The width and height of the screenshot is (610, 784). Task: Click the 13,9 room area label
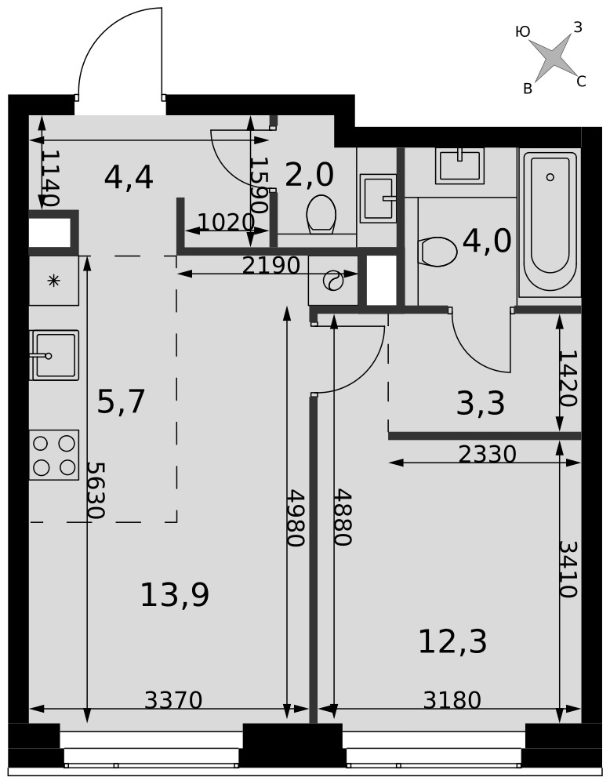pyautogui.click(x=175, y=595)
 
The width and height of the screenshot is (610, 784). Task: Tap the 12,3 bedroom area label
pyautogui.click(x=452, y=641)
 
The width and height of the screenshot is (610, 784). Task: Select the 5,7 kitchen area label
pyautogui.click(x=121, y=401)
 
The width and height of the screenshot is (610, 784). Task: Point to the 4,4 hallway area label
pyautogui.click(x=129, y=177)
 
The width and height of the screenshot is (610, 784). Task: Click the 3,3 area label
pyautogui.click(x=481, y=404)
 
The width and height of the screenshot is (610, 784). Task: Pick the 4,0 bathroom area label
pyautogui.click(x=487, y=241)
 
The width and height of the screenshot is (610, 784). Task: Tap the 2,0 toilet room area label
pyautogui.click(x=310, y=175)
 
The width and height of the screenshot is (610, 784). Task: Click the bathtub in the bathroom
pyautogui.click(x=550, y=220)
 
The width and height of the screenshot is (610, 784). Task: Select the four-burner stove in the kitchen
pyautogui.click(x=54, y=455)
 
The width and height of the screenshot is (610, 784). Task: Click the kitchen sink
pyautogui.click(x=54, y=355)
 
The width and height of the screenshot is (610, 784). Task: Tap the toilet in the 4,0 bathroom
pyautogui.click(x=438, y=252)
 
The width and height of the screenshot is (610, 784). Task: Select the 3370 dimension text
pyautogui.click(x=173, y=700)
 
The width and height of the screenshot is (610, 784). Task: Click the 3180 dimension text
pyautogui.click(x=452, y=700)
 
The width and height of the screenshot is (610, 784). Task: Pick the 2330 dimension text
pyautogui.click(x=487, y=454)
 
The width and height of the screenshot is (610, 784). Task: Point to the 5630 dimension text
pyautogui.click(x=95, y=490)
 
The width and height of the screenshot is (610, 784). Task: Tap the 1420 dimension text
pyautogui.click(x=568, y=378)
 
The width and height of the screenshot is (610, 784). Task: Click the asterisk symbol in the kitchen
pyautogui.click(x=53, y=281)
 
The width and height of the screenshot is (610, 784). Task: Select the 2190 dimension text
pyautogui.click(x=271, y=266)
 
